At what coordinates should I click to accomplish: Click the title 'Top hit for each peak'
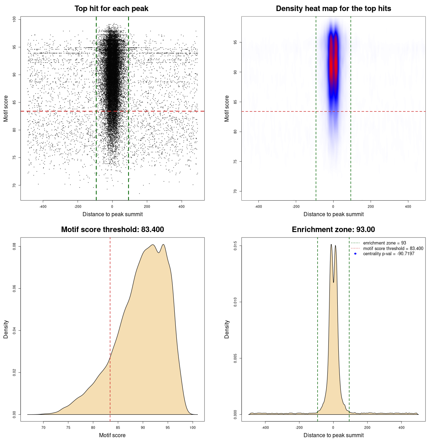111,9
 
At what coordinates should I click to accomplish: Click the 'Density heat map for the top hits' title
333,9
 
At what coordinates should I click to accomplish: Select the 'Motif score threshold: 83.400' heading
112,230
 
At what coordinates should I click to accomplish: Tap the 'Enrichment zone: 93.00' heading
333,230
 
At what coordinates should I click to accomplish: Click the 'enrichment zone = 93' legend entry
384,243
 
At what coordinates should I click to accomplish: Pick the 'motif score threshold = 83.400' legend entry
393,249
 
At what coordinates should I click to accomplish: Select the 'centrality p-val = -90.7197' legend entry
388,254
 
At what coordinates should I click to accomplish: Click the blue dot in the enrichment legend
355,254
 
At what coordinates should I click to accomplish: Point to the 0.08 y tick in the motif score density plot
15,247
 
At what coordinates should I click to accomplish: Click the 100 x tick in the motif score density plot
193,427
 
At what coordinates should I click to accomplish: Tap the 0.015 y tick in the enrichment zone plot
235,246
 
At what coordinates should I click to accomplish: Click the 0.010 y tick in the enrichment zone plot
235,302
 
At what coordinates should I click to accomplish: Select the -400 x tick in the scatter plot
43,206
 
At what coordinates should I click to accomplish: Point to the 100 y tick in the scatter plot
15,19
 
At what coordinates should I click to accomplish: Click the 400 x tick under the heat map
408,206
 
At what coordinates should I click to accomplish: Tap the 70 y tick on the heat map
235,191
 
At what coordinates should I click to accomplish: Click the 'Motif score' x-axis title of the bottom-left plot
112,435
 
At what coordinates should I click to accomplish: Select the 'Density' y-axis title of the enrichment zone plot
227,329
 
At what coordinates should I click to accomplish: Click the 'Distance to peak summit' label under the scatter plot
113,214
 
